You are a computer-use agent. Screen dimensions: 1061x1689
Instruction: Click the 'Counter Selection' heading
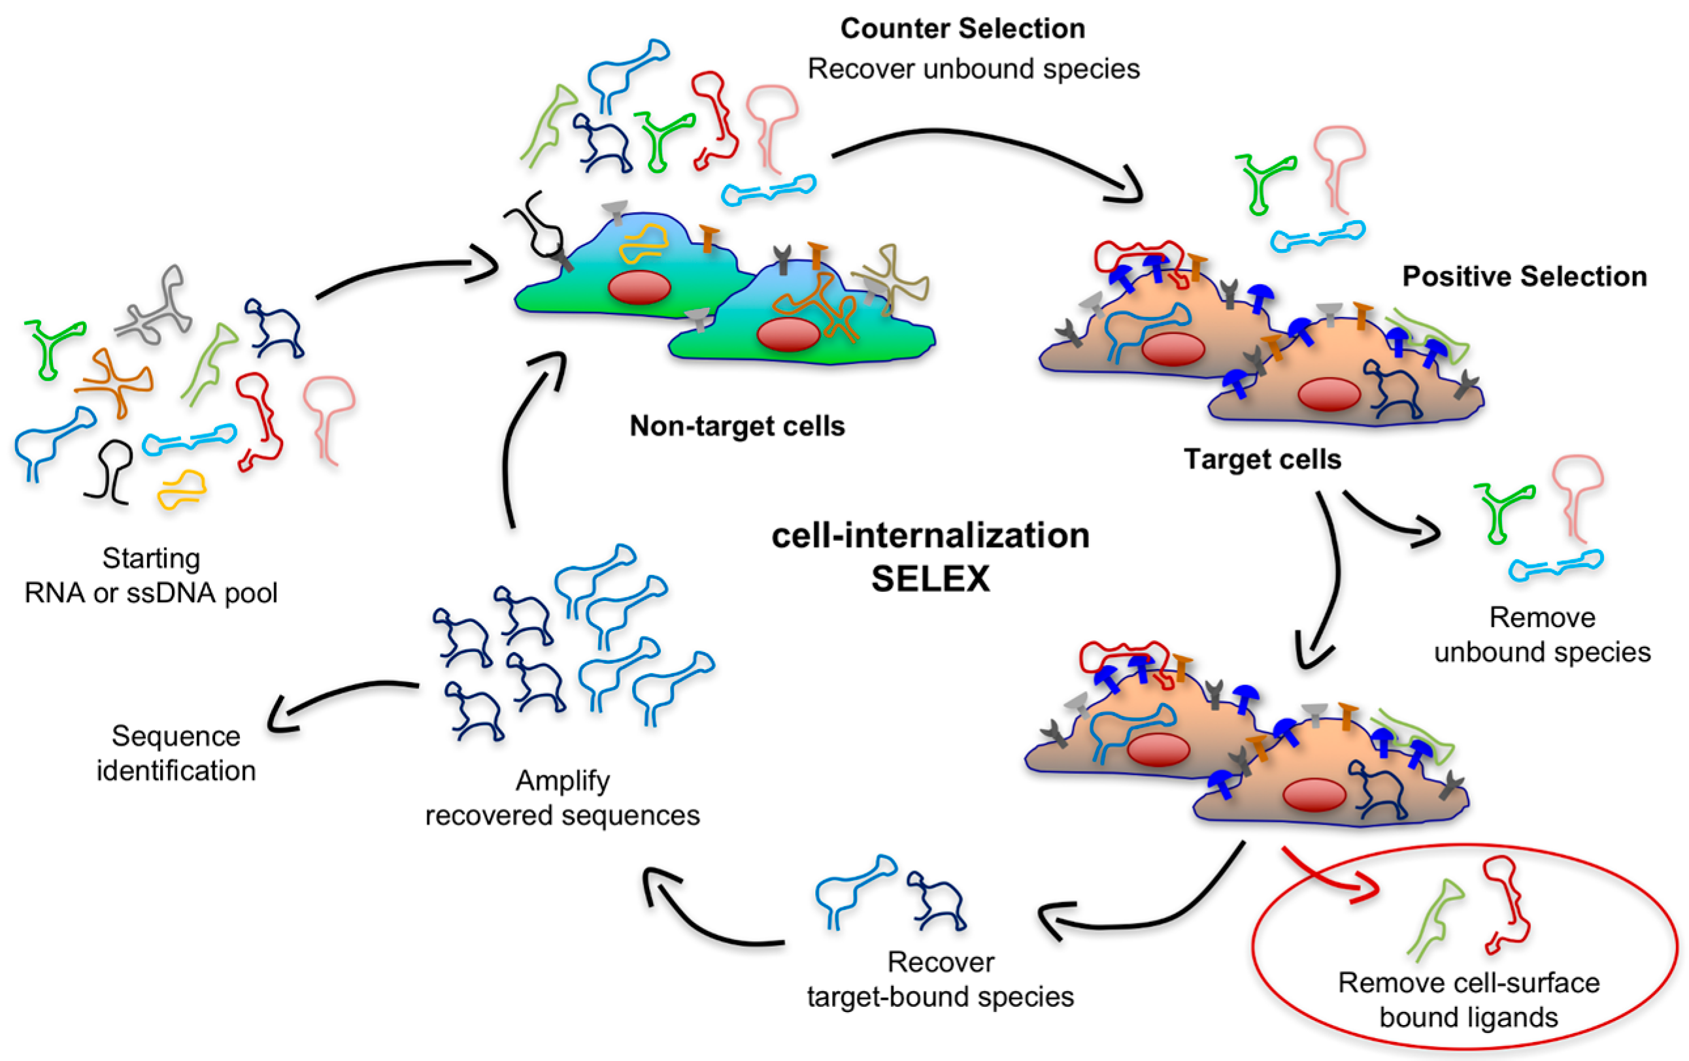pyautogui.click(x=962, y=29)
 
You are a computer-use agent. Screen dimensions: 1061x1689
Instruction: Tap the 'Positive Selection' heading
pyautogui.click(x=1524, y=276)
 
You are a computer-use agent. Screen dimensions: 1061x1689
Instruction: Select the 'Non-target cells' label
pyautogui.click(x=737, y=426)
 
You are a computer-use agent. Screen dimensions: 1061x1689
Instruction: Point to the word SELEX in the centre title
pyautogui.click(x=930, y=579)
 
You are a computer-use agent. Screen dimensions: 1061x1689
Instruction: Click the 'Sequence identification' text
pyautogui.click(x=176, y=753)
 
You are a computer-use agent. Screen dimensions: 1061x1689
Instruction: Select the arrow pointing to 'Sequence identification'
pyautogui.click(x=337, y=701)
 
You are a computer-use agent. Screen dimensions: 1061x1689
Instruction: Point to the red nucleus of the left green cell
pyautogui.click(x=639, y=287)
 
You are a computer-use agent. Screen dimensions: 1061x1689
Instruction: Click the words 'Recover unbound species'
pyautogui.click(x=973, y=69)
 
